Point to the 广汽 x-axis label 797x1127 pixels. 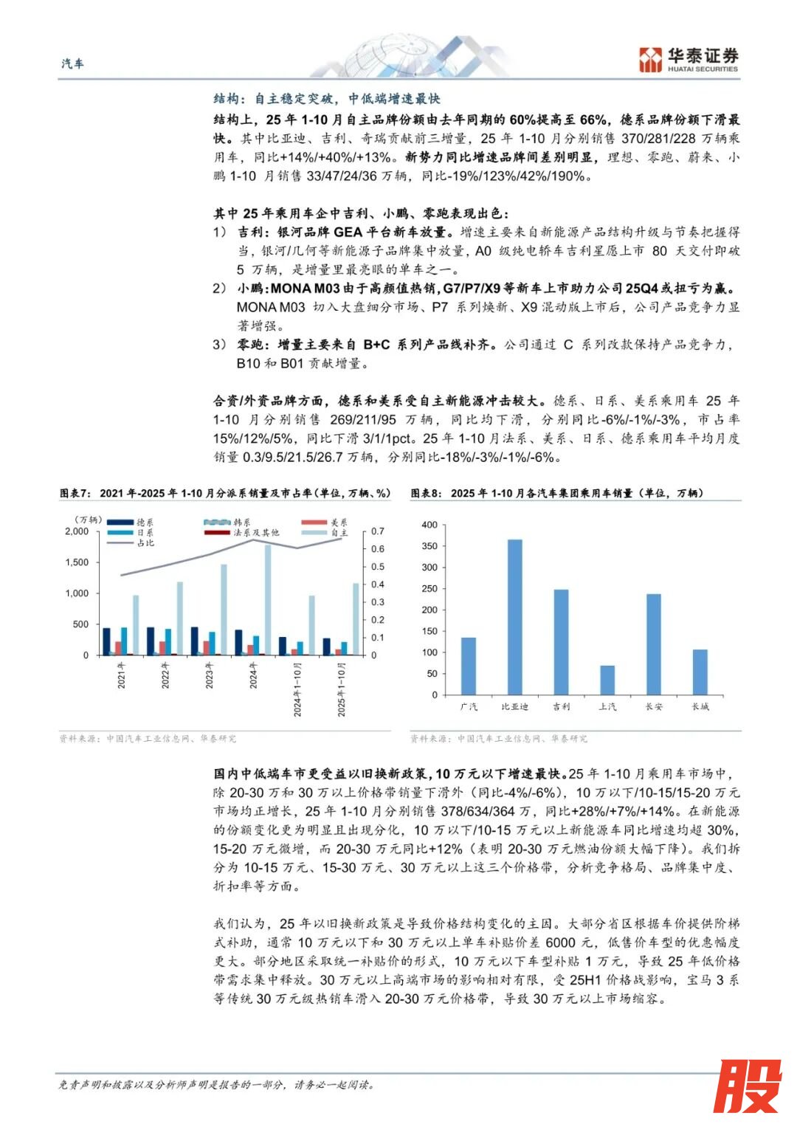coord(469,707)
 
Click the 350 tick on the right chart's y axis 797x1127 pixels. coord(429,546)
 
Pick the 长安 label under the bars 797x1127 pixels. coord(654,707)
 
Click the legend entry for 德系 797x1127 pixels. coord(137,523)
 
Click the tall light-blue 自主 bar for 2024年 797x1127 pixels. coord(268,599)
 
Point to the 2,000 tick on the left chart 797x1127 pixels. coord(77,531)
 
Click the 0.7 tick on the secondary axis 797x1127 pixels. coord(377,531)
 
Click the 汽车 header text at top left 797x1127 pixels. coord(72,64)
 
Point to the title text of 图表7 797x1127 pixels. coord(225,493)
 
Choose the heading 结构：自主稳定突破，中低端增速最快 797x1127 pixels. coord(327,99)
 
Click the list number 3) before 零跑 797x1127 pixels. coord(220,345)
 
